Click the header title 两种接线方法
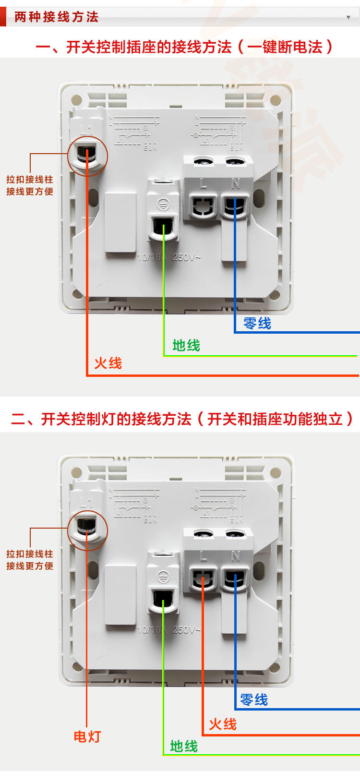56,17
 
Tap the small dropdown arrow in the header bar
348,17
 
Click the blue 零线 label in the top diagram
257,323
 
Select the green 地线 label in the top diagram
186,345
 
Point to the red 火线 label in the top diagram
108,363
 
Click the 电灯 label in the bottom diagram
87,736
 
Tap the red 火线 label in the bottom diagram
223,724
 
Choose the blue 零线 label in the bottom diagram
254,700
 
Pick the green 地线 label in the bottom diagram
184,746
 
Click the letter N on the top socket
235,183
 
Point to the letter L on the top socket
203,183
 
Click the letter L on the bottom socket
203,556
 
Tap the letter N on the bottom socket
235,556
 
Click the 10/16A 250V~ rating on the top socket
169,257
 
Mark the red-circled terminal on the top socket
87,155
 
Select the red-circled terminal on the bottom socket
87,529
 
